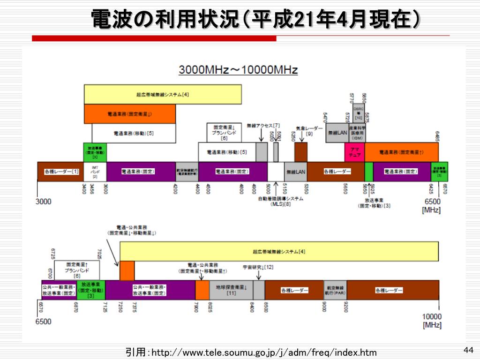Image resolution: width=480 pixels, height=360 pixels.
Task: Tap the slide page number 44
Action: click(x=468, y=350)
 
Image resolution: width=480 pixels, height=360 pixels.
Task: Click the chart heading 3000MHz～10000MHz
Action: click(x=238, y=70)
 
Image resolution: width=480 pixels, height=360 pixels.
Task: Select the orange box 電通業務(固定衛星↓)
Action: click(x=130, y=114)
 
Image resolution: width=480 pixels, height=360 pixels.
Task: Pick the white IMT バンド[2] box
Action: click(x=95, y=172)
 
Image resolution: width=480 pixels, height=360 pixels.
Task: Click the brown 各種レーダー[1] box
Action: click(x=61, y=172)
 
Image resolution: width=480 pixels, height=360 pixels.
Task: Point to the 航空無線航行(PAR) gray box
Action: click(x=335, y=290)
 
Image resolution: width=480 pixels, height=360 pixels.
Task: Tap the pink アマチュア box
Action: click(x=354, y=152)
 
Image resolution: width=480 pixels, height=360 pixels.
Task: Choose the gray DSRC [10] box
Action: click(x=359, y=113)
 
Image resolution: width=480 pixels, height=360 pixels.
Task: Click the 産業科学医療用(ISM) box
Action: click(x=357, y=133)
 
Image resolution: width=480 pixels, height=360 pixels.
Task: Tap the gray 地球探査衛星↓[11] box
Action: click(x=231, y=290)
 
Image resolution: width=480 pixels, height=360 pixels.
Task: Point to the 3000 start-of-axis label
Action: click(x=44, y=202)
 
